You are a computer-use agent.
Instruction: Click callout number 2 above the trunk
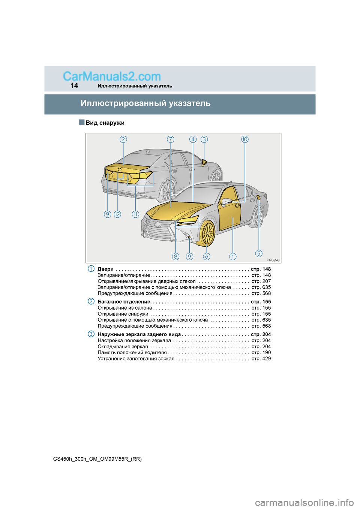[123, 139]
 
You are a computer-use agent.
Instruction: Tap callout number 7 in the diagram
[171, 139]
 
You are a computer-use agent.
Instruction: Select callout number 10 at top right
[245, 139]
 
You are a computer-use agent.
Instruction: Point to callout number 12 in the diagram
[117, 214]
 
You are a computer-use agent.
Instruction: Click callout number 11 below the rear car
[135, 214]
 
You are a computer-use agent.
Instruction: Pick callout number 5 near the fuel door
[259, 253]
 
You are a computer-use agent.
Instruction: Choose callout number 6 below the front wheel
[207, 256]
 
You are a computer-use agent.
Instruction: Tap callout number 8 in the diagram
[175, 256]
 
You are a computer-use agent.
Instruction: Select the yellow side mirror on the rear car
[204, 162]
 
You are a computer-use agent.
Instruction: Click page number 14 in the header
[74, 85]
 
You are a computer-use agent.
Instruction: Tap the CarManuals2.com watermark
[112, 76]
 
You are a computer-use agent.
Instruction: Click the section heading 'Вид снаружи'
[105, 123]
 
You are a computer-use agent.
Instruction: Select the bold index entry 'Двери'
[105, 269]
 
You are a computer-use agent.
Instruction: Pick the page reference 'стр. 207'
[261, 281]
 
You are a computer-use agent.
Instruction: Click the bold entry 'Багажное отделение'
[124, 302]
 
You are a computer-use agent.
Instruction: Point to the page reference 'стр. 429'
[261, 359]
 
